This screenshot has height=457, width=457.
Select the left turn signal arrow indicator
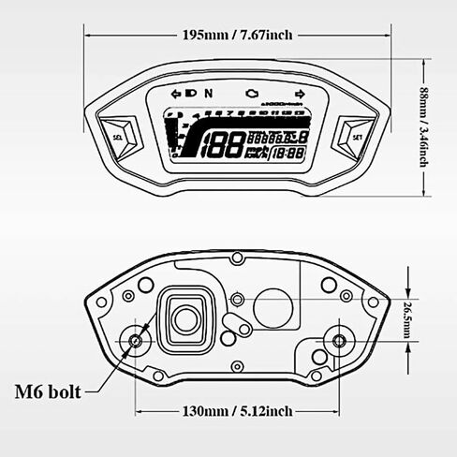pos(175,94)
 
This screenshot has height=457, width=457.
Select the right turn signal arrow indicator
pos(300,94)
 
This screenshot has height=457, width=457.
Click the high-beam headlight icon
pos(191,94)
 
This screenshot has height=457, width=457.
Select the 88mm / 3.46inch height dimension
pos(424,128)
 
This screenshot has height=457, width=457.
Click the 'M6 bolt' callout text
pos(50,390)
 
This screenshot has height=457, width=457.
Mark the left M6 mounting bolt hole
pos(137,340)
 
